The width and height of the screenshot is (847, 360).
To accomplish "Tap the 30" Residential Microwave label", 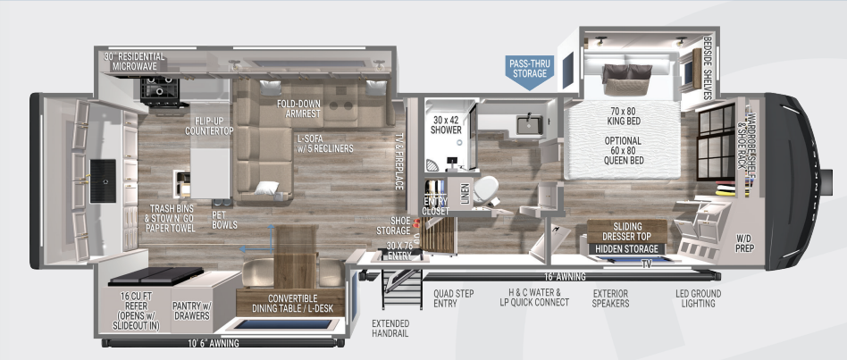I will (x=137, y=61).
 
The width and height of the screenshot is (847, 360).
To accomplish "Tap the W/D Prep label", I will (x=744, y=243).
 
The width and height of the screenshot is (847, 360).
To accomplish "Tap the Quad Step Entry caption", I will (x=454, y=297).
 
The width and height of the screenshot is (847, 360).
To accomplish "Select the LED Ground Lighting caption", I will (x=698, y=297).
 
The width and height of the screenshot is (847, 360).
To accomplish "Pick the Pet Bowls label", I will (x=224, y=221).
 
